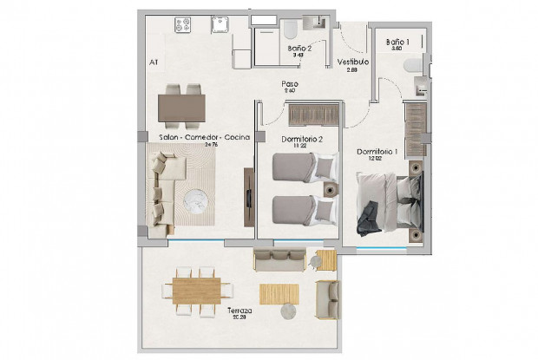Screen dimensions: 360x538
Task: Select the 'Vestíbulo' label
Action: [353, 62]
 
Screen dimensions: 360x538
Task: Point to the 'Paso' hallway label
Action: [290, 84]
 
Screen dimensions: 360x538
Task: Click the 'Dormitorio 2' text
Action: [302, 139]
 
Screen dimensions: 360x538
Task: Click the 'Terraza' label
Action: [239, 311]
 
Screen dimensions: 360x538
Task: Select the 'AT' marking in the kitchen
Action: [154, 62]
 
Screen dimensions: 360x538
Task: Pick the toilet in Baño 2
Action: [290, 32]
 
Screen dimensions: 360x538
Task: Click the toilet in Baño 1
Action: [419, 64]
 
